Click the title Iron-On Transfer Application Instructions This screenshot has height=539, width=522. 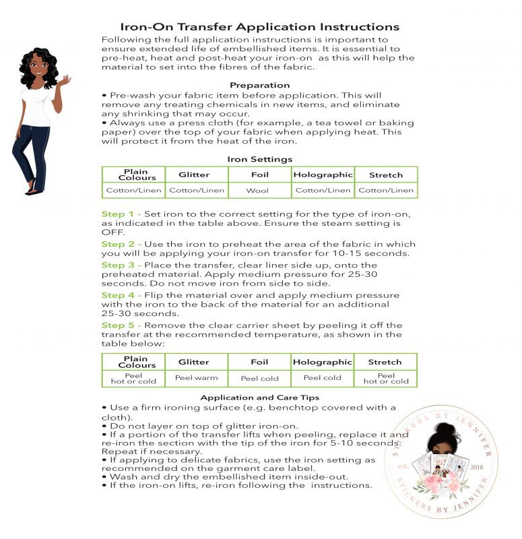pos(259,27)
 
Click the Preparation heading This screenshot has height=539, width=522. pos(259,86)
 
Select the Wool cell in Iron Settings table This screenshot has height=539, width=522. pos(259,191)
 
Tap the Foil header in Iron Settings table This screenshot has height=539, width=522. pos(259,175)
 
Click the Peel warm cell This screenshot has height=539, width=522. pos(196,378)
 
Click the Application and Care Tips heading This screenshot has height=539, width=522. pos(259,398)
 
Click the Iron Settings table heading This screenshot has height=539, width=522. pos(259,160)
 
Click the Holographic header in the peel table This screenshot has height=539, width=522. pos(322,362)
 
